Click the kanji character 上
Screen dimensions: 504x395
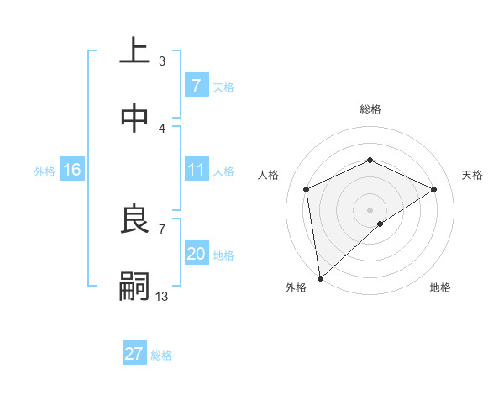[135, 51]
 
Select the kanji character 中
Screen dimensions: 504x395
[135, 118]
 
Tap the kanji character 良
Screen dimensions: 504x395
[135, 220]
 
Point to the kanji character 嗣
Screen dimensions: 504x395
[135, 287]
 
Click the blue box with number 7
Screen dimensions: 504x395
[196, 85]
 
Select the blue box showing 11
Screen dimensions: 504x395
[196, 170]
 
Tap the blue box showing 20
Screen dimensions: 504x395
[196, 254]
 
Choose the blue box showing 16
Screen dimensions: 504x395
[71, 170]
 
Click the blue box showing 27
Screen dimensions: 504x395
[134, 354]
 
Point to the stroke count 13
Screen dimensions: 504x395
[162, 296]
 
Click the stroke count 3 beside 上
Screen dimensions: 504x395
[162, 61]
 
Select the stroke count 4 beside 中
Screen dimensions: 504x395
[162, 128]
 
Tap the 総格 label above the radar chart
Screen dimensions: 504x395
[370, 109]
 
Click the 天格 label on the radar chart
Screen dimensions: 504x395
[472, 175]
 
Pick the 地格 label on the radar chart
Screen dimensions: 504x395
[440, 287]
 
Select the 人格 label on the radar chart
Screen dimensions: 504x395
[269, 175]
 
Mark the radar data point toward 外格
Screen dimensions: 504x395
[319, 277]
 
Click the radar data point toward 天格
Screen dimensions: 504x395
[434, 189]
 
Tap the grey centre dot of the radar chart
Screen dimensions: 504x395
[370, 209]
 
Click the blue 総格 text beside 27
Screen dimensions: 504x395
[161, 355]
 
